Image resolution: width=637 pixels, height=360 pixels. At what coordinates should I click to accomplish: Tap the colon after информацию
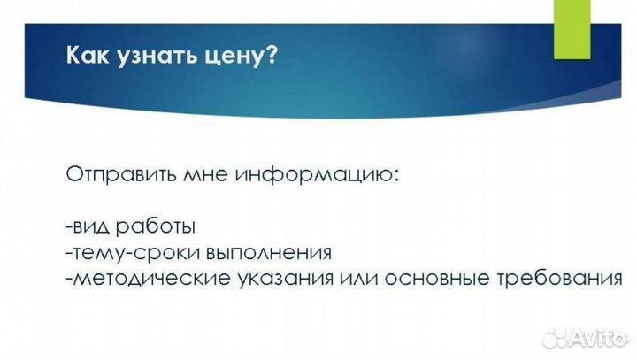pyautogui.click(x=396, y=175)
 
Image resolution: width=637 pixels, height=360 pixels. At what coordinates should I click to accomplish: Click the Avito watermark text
pyautogui.click(x=601, y=337)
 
